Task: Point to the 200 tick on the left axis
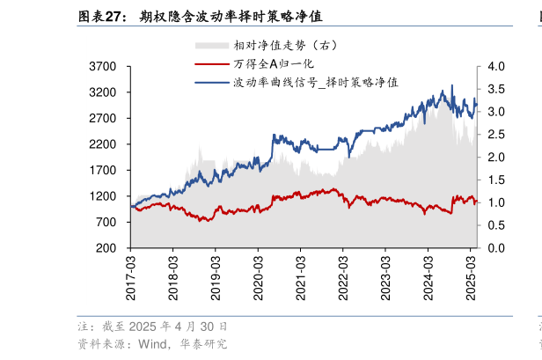[x=108, y=249]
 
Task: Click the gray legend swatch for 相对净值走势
[x=211, y=45]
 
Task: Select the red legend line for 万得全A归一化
[x=211, y=63]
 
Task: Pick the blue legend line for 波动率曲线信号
[x=211, y=82]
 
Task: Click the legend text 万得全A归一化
[x=274, y=63]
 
